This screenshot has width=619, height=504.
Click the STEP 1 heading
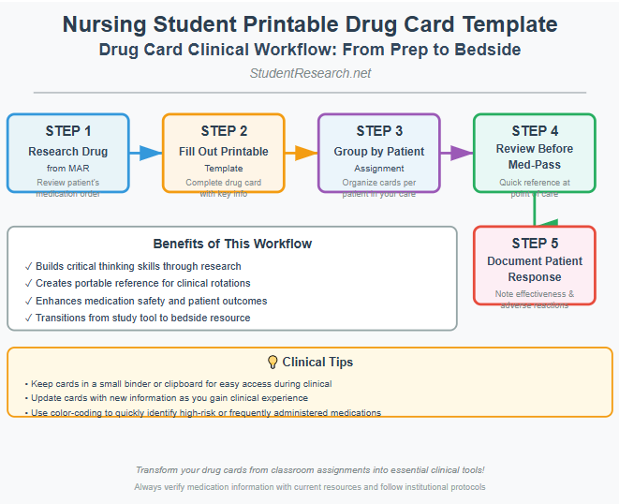tap(68, 131)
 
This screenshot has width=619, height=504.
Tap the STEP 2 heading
tap(224, 131)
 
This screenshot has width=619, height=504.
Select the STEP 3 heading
tap(379, 131)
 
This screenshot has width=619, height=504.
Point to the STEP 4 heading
tap(535, 131)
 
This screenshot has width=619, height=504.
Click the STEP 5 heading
tap(535, 244)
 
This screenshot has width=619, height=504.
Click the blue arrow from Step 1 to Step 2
tap(145, 153)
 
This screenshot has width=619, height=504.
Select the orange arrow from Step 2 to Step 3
tap(301, 153)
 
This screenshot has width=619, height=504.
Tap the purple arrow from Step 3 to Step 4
tap(456, 153)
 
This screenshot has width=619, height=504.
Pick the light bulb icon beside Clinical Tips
tap(273, 362)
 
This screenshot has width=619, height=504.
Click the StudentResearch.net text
tap(309, 73)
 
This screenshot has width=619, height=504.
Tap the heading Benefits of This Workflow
tap(232, 244)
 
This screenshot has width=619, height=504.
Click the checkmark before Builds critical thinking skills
tap(29, 267)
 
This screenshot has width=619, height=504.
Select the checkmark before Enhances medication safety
tap(29, 301)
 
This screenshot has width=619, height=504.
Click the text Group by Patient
tap(379, 152)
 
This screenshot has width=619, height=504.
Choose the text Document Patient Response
tap(535, 269)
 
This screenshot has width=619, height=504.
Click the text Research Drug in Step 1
tap(68, 152)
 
